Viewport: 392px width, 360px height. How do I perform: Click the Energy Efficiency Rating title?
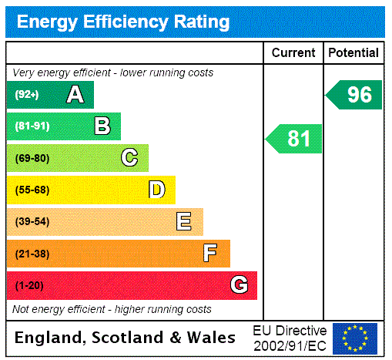(x=123, y=21)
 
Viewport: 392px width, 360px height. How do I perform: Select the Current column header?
(x=293, y=52)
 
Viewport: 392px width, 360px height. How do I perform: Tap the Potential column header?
(x=353, y=52)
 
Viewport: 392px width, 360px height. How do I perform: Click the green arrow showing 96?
(x=355, y=95)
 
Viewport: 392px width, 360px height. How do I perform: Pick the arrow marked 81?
(x=295, y=139)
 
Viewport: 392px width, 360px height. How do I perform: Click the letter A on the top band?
(x=75, y=95)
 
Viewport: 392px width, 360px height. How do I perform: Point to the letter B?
(x=102, y=126)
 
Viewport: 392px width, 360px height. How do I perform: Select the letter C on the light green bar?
(x=129, y=158)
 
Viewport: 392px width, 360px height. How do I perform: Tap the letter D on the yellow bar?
(x=156, y=190)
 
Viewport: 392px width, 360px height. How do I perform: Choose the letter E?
(x=184, y=222)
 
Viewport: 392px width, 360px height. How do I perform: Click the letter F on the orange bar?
(x=210, y=253)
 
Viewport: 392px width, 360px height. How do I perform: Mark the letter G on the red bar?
(x=239, y=285)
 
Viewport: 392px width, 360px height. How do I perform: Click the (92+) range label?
(x=26, y=95)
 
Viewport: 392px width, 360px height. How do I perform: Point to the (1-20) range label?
(x=29, y=285)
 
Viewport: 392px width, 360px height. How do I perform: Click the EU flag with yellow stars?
(x=355, y=338)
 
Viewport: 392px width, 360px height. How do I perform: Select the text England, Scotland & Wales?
(x=126, y=338)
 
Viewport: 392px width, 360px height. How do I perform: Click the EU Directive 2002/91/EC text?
(x=290, y=338)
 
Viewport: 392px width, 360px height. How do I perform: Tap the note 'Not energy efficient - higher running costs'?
(x=112, y=309)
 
